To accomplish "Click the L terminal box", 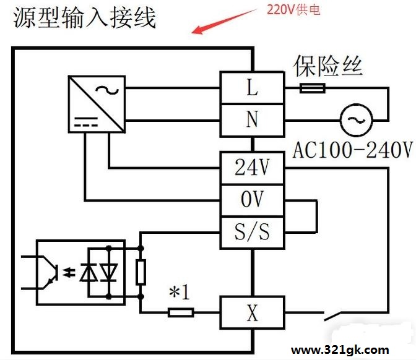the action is (x=252, y=87).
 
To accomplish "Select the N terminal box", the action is (x=252, y=120).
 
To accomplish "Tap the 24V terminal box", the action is (x=252, y=168).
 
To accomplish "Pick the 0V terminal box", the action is (x=252, y=200).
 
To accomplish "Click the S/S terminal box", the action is (x=252, y=233).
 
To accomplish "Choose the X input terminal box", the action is (x=252, y=312).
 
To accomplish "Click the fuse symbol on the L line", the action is (x=313, y=88).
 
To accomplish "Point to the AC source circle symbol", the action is (x=357, y=120).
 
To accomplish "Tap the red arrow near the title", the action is (x=223, y=21).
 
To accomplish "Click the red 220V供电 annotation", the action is (x=293, y=10).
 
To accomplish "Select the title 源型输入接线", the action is (x=84, y=17).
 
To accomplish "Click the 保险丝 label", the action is (x=327, y=66).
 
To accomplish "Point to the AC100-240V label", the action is (x=353, y=150).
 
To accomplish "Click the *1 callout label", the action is (x=180, y=292).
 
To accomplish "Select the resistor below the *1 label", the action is (x=181, y=312).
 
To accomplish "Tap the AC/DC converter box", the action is (x=97, y=104).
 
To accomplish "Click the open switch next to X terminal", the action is (x=332, y=315).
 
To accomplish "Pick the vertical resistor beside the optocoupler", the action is (x=141, y=272).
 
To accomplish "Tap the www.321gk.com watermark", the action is (x=340, y=350).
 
